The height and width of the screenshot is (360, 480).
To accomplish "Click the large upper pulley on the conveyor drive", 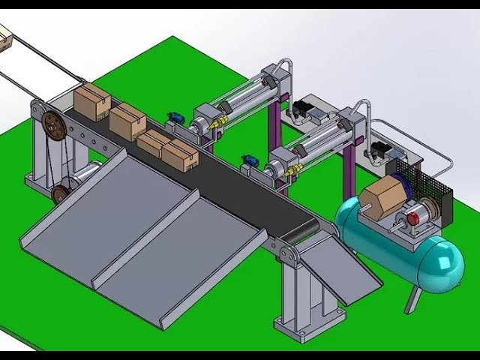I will pyautogui.click(x=52, y=123).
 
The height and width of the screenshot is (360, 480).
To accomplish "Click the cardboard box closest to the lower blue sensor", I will pyautogui.click(x=180, y=155).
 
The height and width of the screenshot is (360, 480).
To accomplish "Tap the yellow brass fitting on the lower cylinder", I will pyautogui.click(x=292, y=172).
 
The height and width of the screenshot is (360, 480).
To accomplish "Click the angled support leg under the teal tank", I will pyautogui.click(x=412, y=300).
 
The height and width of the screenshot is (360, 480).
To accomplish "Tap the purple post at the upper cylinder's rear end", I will pyautogui.click(x=274, y=120).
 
